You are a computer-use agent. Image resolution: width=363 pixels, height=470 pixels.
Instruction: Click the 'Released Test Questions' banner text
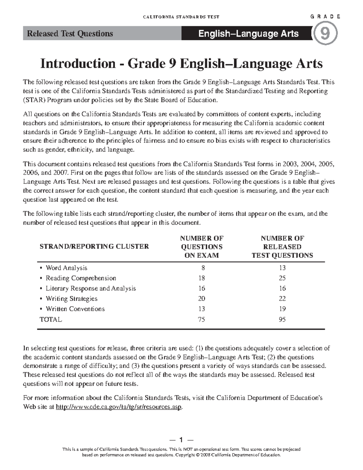70,34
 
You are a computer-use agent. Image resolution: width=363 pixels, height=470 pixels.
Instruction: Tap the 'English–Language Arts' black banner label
248,34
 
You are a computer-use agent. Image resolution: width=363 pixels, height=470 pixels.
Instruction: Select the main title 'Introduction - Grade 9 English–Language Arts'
181,64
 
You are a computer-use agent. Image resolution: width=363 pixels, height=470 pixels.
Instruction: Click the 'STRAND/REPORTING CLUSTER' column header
94,246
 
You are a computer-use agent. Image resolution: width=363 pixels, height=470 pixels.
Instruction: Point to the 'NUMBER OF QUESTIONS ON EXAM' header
202,247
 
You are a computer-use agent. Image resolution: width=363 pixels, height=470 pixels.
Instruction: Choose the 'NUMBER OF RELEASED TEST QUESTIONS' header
282,247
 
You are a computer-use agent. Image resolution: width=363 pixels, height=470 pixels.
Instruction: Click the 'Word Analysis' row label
66,268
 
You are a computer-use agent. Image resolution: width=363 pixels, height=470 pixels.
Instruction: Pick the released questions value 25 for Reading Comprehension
282,278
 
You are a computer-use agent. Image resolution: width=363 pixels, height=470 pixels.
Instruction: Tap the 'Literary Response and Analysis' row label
90,288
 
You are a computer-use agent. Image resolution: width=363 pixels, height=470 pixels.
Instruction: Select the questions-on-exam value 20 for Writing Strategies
202,299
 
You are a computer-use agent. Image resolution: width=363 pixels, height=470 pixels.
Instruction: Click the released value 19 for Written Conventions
282,309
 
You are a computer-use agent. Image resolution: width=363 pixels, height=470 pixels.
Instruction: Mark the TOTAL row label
51,320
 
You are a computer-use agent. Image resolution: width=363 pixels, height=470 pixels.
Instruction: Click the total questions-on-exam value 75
202,320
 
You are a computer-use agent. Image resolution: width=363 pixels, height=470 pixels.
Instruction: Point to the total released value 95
282,320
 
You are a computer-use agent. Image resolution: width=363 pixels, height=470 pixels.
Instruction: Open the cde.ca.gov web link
119,407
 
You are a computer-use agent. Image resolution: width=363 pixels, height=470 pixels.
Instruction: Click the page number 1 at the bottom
181,440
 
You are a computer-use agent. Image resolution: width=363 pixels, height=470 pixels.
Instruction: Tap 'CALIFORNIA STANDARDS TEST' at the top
181,17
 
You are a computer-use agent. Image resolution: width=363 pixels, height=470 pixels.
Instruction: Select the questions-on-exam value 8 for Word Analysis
203,268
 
